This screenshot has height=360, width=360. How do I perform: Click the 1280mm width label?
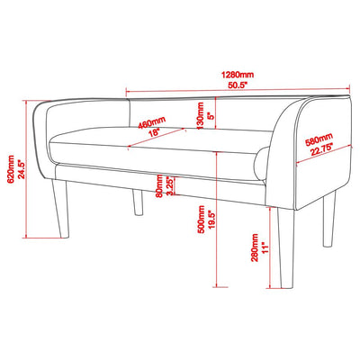point(238,75)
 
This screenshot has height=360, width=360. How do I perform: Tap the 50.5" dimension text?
point(238,85)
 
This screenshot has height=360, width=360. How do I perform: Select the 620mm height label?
point(10,169)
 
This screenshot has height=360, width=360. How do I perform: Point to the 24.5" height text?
point(22,169)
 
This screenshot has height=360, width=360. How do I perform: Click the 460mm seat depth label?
point(152,122)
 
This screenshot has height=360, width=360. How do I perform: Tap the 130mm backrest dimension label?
point(200,116)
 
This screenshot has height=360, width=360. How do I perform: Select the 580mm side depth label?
point(319,140)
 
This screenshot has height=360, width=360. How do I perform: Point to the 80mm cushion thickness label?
point(159,186)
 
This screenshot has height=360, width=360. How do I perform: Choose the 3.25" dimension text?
point(170,186)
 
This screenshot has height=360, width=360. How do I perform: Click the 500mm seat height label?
point(202,220)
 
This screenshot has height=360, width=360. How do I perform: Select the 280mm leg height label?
point(255,247)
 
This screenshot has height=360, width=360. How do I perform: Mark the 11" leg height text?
point(265,247)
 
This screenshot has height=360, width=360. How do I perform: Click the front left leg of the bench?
point(61,209)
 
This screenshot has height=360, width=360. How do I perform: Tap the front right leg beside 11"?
point(285,248)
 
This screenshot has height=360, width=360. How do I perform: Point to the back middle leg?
point(138,202)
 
